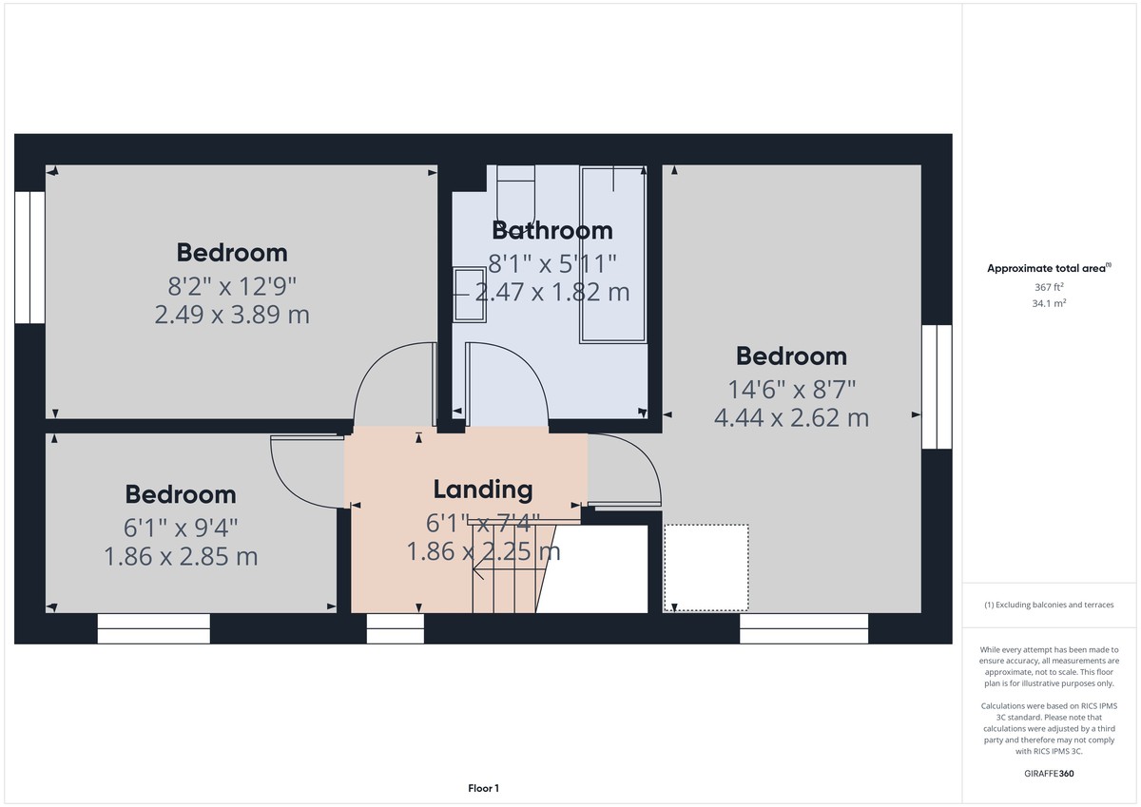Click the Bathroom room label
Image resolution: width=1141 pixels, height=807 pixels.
click(x=551, y=230)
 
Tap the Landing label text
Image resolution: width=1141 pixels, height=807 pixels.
click(x=483, y=490)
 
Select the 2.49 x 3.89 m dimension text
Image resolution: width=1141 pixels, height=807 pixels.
click(x=232, y=314)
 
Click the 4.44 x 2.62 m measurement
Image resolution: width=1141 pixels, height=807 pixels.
click(x=791, y=416)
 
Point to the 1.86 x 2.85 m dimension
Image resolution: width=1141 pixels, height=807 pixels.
click(x=181, y=556)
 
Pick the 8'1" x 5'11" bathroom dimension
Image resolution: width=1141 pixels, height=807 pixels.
click(x=552, y=262)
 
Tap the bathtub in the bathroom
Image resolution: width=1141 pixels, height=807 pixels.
click(x=613, y=254)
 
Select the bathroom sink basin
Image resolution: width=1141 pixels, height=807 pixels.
click(x=470, y=295)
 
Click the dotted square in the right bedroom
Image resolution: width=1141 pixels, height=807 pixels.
click(x=706, y=567)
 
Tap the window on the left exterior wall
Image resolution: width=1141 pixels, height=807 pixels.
click(x=29, y=257)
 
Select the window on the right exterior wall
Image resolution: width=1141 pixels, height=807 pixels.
click(x=937, y=386)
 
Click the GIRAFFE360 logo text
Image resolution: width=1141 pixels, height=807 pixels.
click(x=1050, y=774)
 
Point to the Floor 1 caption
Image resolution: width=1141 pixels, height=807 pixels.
click(x=483, y=788)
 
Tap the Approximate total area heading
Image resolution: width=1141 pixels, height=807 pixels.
click(x=1048, y=269)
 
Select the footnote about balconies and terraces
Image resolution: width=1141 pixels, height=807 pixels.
click(x=1049, y=605)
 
